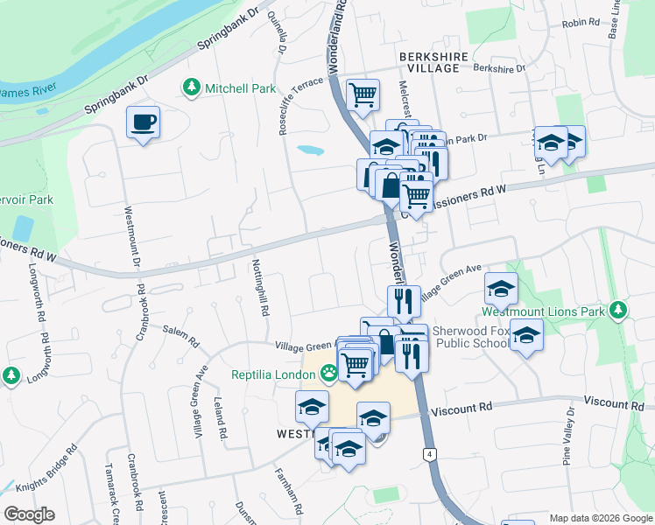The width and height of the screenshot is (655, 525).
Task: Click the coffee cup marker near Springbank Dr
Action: [x=143, y=122]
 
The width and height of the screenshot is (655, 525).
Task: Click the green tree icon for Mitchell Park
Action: [x=191, y=87]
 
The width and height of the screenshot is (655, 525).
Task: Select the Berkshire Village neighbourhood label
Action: [x=429, y=61]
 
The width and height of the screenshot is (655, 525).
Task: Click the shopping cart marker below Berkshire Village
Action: [x=363, y=95]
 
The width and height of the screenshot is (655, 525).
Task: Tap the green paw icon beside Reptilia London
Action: [x=328, y=374]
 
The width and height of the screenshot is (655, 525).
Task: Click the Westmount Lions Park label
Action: [x=543, y=311]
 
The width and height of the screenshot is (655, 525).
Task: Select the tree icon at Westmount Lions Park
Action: [x=618, y=311]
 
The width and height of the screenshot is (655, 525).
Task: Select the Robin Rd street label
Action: [x=580, y=23]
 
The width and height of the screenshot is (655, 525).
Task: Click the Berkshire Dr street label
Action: [x=498, y=67]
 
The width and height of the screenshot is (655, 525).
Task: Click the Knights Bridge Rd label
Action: [x=44, y=465]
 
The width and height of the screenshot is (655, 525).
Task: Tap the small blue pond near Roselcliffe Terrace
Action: [x=310, y=150]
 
